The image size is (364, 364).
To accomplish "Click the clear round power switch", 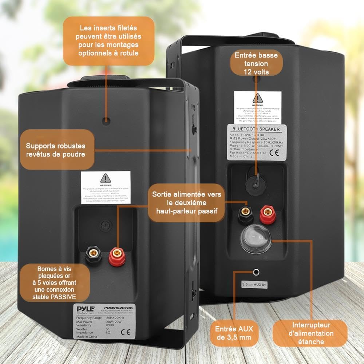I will click(x=255, y=238).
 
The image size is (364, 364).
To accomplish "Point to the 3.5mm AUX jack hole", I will click(x=257, y=271).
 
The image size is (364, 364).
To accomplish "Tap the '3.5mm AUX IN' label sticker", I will click(x=254, y=284).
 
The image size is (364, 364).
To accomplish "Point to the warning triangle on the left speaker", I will click(x=105, y=178).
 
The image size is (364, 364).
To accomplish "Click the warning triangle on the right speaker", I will click(x=258, y=98).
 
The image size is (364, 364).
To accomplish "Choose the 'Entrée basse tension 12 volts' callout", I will click(x=256, y=63).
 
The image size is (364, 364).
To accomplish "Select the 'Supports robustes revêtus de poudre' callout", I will click(x=55, y=150).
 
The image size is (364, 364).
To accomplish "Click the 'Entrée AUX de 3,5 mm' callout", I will click(x=233, y=333).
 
